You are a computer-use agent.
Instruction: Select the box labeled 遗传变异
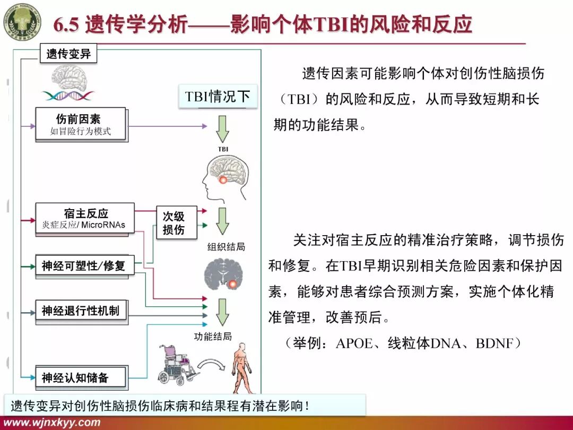click(x=68, y=54)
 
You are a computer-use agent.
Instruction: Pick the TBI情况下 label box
click(x=217, y=96)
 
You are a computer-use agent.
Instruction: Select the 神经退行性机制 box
click(x=81, y=311)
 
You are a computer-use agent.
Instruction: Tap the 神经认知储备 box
click(x=81, y=377)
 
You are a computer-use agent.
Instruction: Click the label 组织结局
click(x=226, y=247)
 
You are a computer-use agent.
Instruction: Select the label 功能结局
click(x=213, y=336)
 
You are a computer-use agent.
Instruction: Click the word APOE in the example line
click(x=354, y=343)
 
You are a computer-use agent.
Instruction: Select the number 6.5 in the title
click(x=66, y=24)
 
